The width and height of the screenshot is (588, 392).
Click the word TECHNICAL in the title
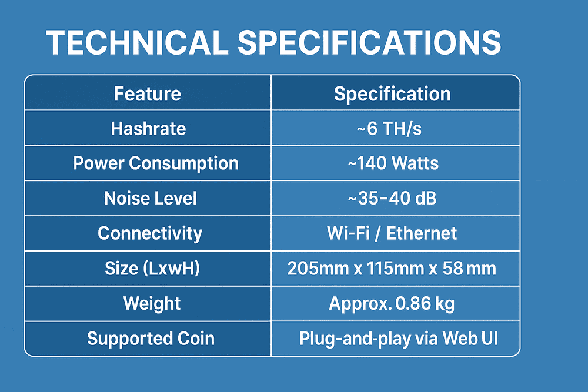[x=137, y=42]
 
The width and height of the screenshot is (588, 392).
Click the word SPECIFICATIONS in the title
[x=369, y=42]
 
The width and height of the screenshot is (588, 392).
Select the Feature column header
[x=148, y=93]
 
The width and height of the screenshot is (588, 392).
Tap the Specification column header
[x=392, y=93]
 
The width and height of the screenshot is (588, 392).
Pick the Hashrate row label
[x=149, y=129]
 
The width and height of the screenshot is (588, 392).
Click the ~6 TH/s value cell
[x=389, y=129]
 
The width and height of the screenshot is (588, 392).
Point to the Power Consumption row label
[x=156, y=163]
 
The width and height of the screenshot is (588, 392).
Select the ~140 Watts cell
[x=393, y=163]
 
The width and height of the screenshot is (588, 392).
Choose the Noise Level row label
[x=151, y=198]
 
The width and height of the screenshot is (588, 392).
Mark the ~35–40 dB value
[x=392, y=198]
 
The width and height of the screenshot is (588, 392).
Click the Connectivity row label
[x=150, y=233]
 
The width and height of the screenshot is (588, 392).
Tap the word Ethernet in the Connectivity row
[x=422, y=233]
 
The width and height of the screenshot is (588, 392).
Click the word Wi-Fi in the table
[x=348, y=233]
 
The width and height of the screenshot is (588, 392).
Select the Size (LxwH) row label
[x=152, y=269]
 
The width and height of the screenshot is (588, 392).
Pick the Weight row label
[x=152, y=303]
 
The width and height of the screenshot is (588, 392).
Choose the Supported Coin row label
[x=151, y=339]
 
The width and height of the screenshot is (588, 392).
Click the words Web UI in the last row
[x=470, y=339]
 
